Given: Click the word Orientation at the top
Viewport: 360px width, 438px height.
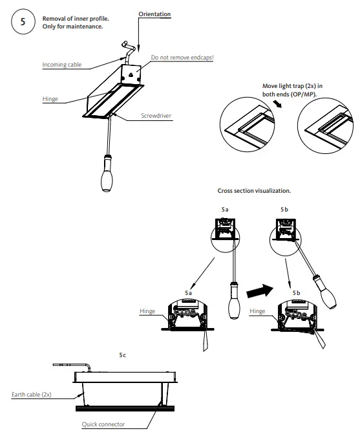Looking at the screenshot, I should (154, 14).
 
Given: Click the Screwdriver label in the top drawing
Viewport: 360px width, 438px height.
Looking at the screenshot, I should (158, 116).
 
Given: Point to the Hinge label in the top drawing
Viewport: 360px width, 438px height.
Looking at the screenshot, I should (50, 98).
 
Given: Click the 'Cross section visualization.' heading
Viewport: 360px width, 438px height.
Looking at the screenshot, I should (255, 191).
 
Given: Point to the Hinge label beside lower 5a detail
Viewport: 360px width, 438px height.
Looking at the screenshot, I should (147, 311).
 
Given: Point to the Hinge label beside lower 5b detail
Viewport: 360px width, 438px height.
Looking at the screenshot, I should (257, 311).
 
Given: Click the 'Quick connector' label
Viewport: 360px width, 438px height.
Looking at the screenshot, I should (103, 425).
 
